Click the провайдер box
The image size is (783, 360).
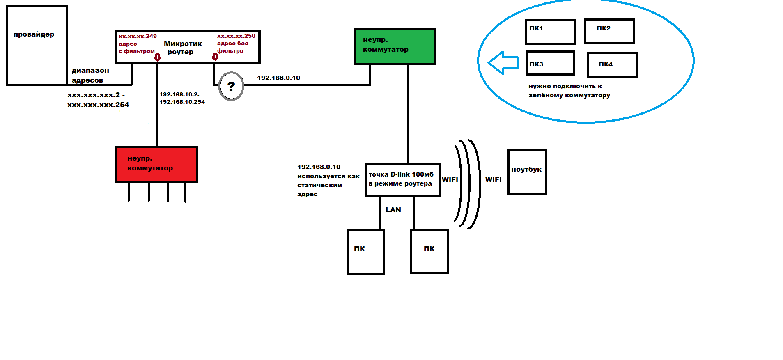(x=37, y=45)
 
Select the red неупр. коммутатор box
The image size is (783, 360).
(x=157, y=165)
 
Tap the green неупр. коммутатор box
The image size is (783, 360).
(x=395, y=46)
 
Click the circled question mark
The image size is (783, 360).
(x=231, y=86)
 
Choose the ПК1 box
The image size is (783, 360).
(x=551, y=32)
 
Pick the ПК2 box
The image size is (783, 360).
(x=610, y=31)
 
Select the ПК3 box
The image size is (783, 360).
(x=550, y=63)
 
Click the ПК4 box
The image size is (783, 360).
(x=612, y=64)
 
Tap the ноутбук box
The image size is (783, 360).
(x=527, y=172)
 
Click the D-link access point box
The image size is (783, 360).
(x=403, y=180)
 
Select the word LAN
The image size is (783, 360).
(x=393, y=210)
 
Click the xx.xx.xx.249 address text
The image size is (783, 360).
(x=138, y=36)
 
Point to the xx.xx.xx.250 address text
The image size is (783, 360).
(x=236, y=36)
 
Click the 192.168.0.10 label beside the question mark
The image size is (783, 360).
(x=278, y=78)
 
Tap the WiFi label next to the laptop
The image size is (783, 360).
(x=493, y=179)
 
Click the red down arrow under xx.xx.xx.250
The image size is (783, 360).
(x=215, y=57)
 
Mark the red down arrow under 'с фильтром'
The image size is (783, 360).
(x=157, y=57)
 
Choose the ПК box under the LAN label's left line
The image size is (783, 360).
(x=366, y=252)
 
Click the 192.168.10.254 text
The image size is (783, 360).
(x=182, y=102)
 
